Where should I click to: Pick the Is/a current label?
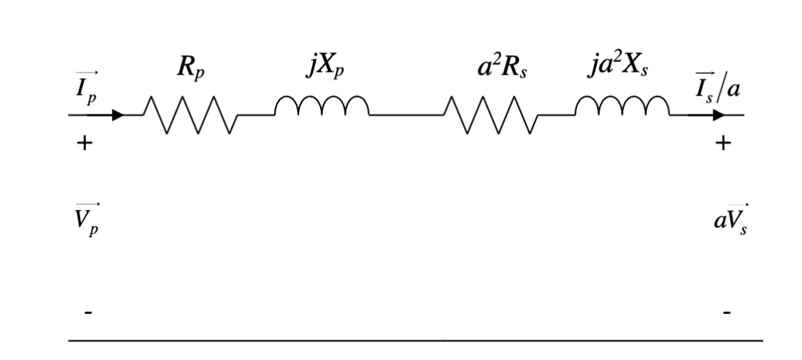click(717, 87)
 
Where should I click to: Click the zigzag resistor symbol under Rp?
click(190, 115)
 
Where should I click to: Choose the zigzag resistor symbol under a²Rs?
click(490, 115)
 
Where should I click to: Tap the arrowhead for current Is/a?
click(718, 115)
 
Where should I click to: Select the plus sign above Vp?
click(84, 144)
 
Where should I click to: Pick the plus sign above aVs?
click(725, 144)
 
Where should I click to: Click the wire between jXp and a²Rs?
click(407, 115)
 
